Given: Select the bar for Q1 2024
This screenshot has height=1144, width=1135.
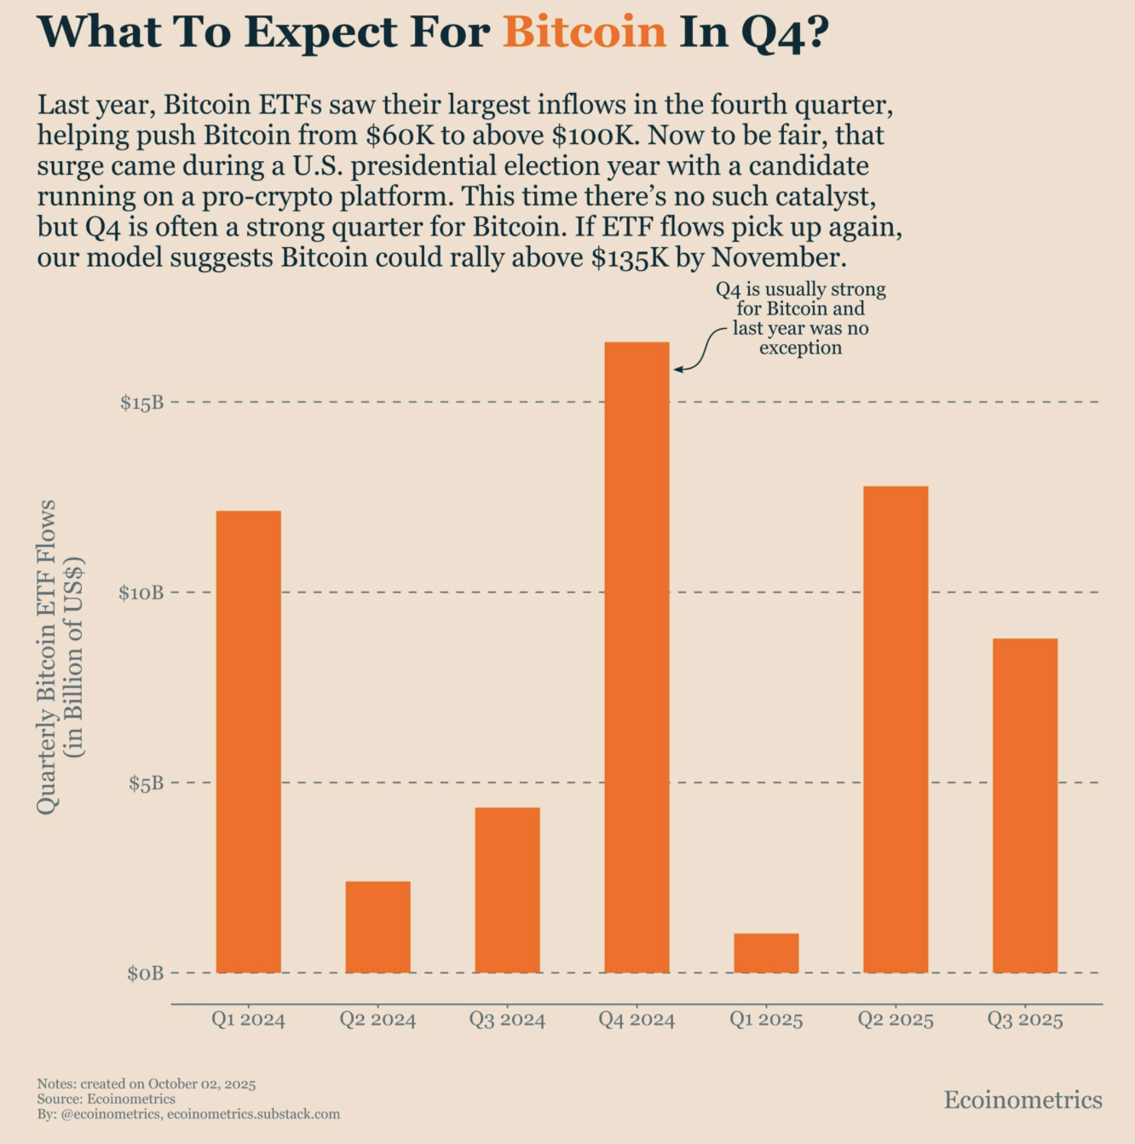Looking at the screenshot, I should click(248, 742).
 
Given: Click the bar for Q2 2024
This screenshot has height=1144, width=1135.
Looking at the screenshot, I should click(377, 927).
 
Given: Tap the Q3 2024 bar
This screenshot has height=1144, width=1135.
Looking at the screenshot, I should click(507, 890).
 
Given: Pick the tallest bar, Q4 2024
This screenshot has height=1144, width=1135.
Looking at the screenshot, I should click(637, 657).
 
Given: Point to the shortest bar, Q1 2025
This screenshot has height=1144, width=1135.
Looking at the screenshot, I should click(766, 953).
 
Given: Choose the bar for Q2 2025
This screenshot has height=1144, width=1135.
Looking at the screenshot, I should click(896, 729).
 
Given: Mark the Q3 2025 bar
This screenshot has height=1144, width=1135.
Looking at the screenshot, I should click(1025, 806).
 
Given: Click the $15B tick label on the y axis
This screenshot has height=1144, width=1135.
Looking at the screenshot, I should click(141, 402).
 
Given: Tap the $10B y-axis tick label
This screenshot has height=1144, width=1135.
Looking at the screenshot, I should click(141, 592).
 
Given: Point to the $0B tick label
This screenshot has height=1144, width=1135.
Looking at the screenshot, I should click(145, 974).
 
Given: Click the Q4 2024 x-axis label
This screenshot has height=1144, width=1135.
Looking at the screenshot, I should click(637, 1020).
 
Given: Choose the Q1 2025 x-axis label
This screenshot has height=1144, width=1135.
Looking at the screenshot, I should click(766, 1020).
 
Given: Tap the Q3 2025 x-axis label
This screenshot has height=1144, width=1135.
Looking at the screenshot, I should click(1025, 1020).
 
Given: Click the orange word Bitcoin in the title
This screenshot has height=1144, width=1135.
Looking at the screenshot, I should click(584, 32).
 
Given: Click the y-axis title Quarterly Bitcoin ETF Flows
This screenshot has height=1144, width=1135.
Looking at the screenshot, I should click(48, 656).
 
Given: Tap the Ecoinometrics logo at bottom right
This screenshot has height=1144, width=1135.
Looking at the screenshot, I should click(1023, 1100).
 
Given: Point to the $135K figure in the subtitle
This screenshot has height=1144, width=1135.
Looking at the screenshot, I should click(630, 258).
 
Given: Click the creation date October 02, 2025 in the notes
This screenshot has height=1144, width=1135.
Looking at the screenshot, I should click(202, 1084).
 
